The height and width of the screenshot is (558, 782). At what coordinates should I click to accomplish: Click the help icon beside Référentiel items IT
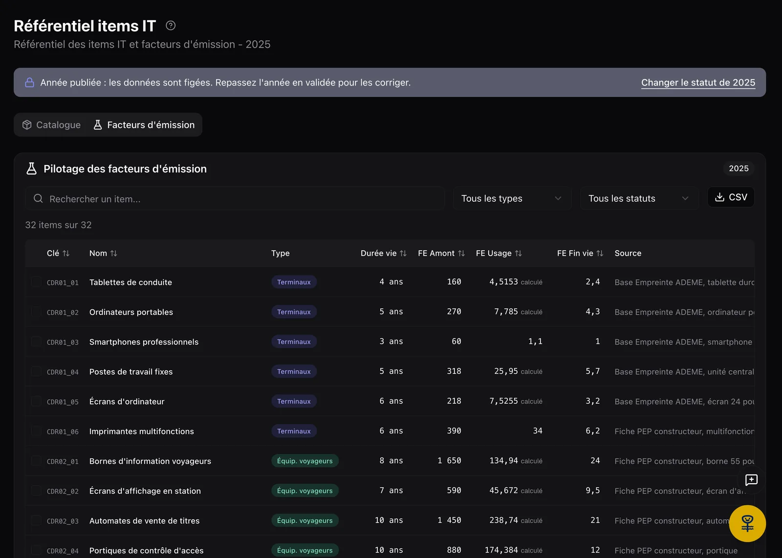(x=171, y=25)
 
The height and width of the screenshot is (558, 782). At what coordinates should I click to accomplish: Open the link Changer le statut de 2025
(x=698, y=83)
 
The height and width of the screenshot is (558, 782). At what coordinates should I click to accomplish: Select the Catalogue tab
(x=52, y=125)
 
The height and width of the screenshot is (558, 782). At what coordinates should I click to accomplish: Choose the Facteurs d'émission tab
(x=144, y=125)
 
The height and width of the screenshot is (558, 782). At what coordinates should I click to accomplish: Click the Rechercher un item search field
(x=235, y=198)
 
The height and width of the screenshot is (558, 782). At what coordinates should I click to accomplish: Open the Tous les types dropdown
(x=512, y=198)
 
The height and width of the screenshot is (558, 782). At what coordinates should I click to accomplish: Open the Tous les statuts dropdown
(x=639, y=198)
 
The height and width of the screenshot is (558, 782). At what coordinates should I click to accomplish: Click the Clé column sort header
(x=58, y=254)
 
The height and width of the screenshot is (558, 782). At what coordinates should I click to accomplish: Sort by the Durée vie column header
(x=383, y=254)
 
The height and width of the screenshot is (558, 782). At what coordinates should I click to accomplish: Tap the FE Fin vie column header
(x=580, y=254)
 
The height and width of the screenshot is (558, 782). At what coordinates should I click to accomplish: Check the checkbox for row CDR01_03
(x=36, y=341)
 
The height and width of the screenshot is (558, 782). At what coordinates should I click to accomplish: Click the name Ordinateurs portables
(x=131, y=312)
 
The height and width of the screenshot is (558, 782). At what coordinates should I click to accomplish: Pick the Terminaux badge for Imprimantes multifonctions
(x=294, y=431)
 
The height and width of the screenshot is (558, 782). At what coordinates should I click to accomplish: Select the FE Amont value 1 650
(x=449, y=461)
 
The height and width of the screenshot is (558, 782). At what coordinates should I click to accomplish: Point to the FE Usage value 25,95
(x=506, y=371)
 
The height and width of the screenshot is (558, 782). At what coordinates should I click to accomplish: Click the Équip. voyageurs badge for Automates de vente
(x=305, y=520)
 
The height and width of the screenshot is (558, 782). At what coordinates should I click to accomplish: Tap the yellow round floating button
(x=747, y=523)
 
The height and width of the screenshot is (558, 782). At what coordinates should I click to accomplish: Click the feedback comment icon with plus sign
(x=751, y=480)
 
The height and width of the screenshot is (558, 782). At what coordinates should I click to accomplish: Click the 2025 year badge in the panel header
(x=739, y=169)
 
